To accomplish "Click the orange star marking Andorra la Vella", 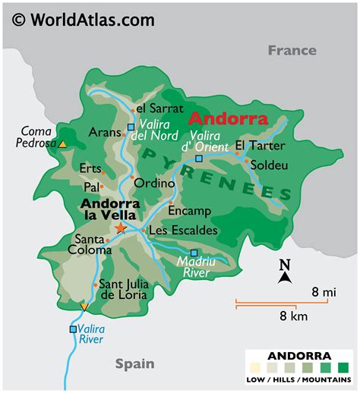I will coord(121,228).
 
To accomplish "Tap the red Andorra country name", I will coord(228,119).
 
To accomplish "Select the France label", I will coord(292,50).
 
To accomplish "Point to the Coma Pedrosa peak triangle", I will coord(63,143).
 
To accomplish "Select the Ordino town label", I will coord(149,183).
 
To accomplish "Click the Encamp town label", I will coord(189,211).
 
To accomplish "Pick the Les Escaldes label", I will coord(183,230).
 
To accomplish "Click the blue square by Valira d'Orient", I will coord(198,159).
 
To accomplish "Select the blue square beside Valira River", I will coord(73,329).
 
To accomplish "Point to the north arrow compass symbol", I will coord(285,272).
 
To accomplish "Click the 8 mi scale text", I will coord(324,291).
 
